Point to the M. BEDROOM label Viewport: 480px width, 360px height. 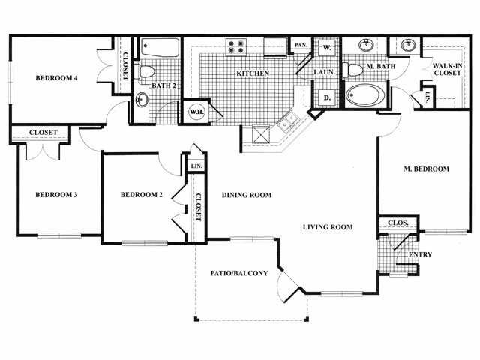pyautogui.click(x=426, y=169)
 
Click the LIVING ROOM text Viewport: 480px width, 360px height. pyautogui.click(x=328, y=226)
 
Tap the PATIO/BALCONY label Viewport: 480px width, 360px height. pyautogui.click(x=239, y=273)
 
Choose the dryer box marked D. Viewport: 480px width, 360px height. pyautogui.click(x=327, y=97)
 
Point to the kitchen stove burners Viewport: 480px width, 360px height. pyautogui.click(x=236, y=46)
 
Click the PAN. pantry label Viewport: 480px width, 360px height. pyautogui.click(x=301, y=46)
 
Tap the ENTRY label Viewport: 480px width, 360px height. pyautogui.click(x=420, y=254)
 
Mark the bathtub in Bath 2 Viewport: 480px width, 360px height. pyautogui.click(x=159, y=49)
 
